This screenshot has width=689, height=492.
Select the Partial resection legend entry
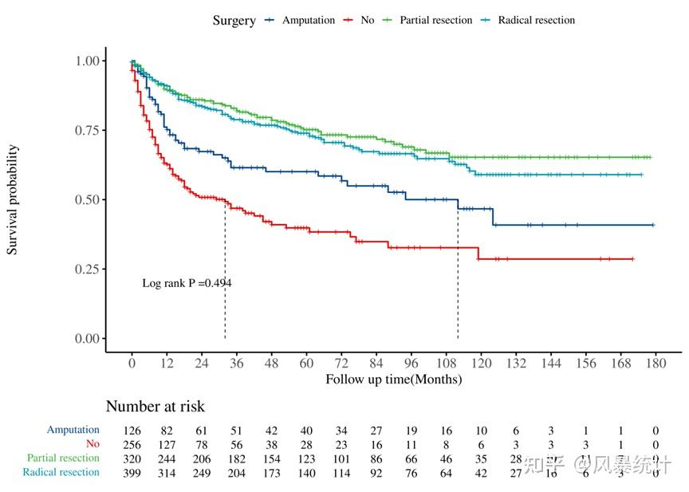(435, 20)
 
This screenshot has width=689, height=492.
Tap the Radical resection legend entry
(536, 20)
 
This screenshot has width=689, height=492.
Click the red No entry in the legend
(367, 20)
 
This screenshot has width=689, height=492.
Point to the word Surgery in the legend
(234, 21)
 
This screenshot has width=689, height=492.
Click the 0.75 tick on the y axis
(89, 130)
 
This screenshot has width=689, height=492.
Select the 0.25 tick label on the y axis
(89, 269)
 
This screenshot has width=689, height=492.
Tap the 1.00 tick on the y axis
(89, 61)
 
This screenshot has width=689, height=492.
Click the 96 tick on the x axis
(411, 363)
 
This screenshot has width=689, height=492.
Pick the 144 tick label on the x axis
(551, 363)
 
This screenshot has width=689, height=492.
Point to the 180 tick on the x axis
(656, 363)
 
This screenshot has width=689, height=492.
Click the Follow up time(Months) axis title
(393, 380)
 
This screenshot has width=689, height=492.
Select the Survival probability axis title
(12, 199)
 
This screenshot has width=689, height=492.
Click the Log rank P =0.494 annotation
(187, 282)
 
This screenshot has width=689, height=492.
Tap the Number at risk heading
(155, 407)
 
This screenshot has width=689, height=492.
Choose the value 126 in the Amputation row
(132, 431)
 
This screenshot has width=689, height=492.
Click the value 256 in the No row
(132, 445)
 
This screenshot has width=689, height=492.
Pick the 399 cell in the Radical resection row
(132, 473)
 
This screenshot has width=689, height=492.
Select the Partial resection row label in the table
(63, 459)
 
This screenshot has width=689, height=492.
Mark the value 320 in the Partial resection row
(132, 459)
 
